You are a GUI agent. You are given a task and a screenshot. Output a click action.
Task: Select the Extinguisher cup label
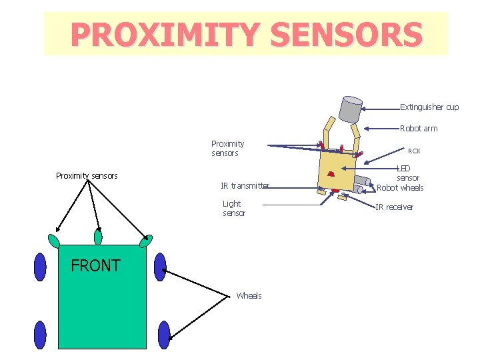[x=429, y=107]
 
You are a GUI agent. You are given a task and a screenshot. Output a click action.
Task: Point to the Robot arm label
[x=419, y=129]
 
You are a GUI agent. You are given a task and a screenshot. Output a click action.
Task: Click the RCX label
[x=414, y=151]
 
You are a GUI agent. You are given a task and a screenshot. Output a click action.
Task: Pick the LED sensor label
[x=407, y=173]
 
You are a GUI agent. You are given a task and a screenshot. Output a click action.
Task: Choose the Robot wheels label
[x=400, y=188]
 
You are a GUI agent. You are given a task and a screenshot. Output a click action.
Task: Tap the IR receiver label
[x=394, y=207]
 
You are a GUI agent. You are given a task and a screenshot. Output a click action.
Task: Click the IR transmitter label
[x=245, y=185]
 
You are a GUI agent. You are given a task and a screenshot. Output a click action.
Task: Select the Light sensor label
[x=233, y=208]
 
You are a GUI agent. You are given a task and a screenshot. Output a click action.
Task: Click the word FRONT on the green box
[x=95, y=265]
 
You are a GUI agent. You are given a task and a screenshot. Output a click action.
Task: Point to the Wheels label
[x=249, y=295]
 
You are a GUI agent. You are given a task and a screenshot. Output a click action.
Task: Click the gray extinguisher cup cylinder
[x=350, y=109]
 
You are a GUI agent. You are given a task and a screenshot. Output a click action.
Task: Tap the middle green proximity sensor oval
[x=99, y=237]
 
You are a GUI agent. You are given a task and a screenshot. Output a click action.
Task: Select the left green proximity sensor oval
[x=54, y=240]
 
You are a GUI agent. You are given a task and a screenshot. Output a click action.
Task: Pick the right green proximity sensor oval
[x=145, y=241]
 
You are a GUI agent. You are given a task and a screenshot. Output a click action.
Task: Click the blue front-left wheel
[x=41, y=267]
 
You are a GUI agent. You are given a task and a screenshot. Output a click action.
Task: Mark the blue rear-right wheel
[x=164, y=335]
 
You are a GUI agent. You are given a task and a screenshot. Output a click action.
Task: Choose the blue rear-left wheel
[x=40, y=335]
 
